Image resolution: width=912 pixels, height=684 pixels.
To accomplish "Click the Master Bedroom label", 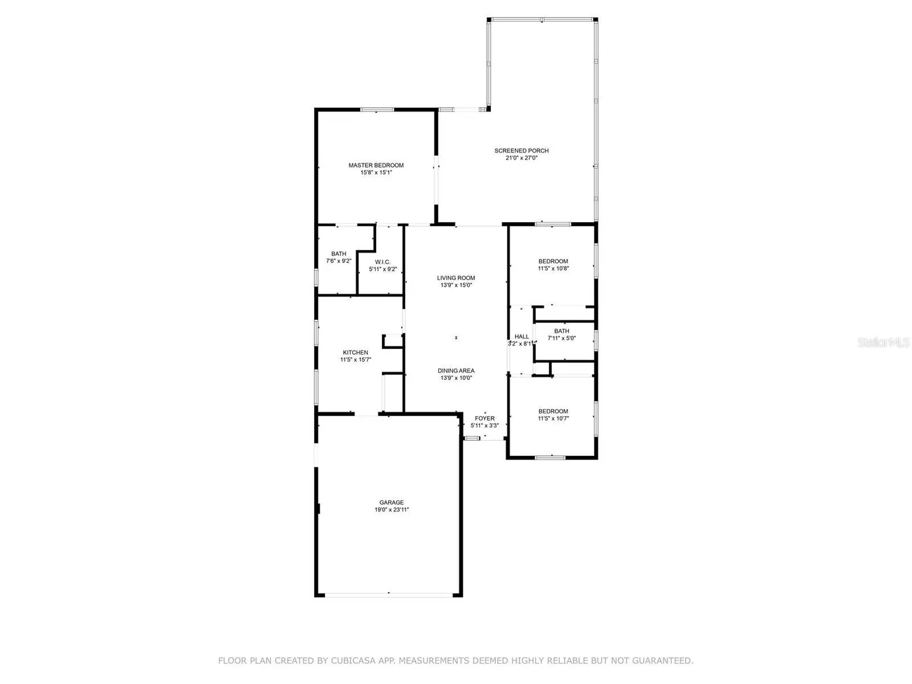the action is click(376, 165).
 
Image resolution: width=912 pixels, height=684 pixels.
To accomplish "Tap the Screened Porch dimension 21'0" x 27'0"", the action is click(521, 158).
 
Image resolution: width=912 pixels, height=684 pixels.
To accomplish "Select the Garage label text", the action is click(391, 502).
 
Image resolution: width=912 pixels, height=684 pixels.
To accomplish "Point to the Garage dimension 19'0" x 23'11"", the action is click(391, 510).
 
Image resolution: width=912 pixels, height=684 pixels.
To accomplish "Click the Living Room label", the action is click(456, 278).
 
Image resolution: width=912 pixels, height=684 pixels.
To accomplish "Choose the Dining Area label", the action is click(456, 370).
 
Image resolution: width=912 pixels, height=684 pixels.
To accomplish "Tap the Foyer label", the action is click(484, 418).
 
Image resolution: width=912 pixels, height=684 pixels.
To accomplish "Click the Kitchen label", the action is click(355, 352).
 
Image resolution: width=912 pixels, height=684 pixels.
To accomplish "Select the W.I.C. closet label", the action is click(383, 262).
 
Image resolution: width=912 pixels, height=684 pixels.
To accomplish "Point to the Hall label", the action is click(521, 336).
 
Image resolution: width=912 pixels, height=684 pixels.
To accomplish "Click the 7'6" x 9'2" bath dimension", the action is click(339, 261).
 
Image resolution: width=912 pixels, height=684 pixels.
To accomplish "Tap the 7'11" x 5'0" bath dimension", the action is click(561, 338).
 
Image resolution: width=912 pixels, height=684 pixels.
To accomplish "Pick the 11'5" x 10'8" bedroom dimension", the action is click(553, 269).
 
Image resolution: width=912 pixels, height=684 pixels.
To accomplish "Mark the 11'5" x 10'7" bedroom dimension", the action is click(553, 418).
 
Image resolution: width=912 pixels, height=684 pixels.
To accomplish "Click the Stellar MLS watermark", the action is click(883, 342).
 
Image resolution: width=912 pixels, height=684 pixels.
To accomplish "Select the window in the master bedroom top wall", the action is click(376, 110).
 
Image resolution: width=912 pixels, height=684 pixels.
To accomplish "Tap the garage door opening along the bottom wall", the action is click(388, 595).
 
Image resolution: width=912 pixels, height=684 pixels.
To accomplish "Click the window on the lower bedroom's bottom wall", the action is click(550, 457).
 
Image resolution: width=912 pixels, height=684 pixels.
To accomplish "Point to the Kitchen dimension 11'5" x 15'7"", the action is click(355, 360).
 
